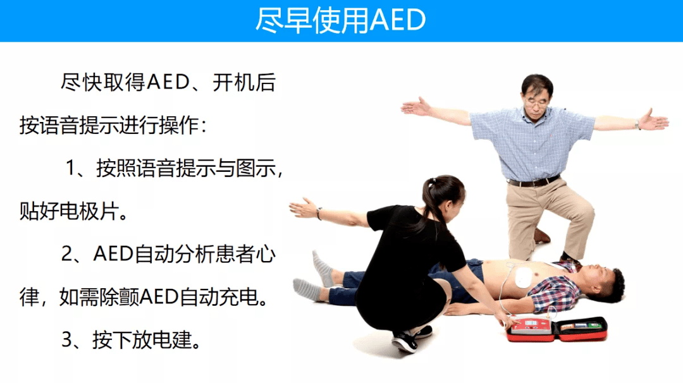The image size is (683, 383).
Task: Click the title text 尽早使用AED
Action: [341, 20]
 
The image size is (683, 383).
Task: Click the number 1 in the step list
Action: [71, 167]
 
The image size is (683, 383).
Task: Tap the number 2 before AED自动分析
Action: [68, 253]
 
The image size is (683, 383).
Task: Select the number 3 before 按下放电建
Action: [68, 340]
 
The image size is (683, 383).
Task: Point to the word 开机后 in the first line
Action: [244, 82]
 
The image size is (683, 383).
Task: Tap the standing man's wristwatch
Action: [637, 125]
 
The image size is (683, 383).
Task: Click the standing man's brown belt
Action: [534, 181]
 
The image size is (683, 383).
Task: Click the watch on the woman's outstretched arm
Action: [319, 213]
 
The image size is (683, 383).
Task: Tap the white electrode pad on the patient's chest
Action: [523, 277]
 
